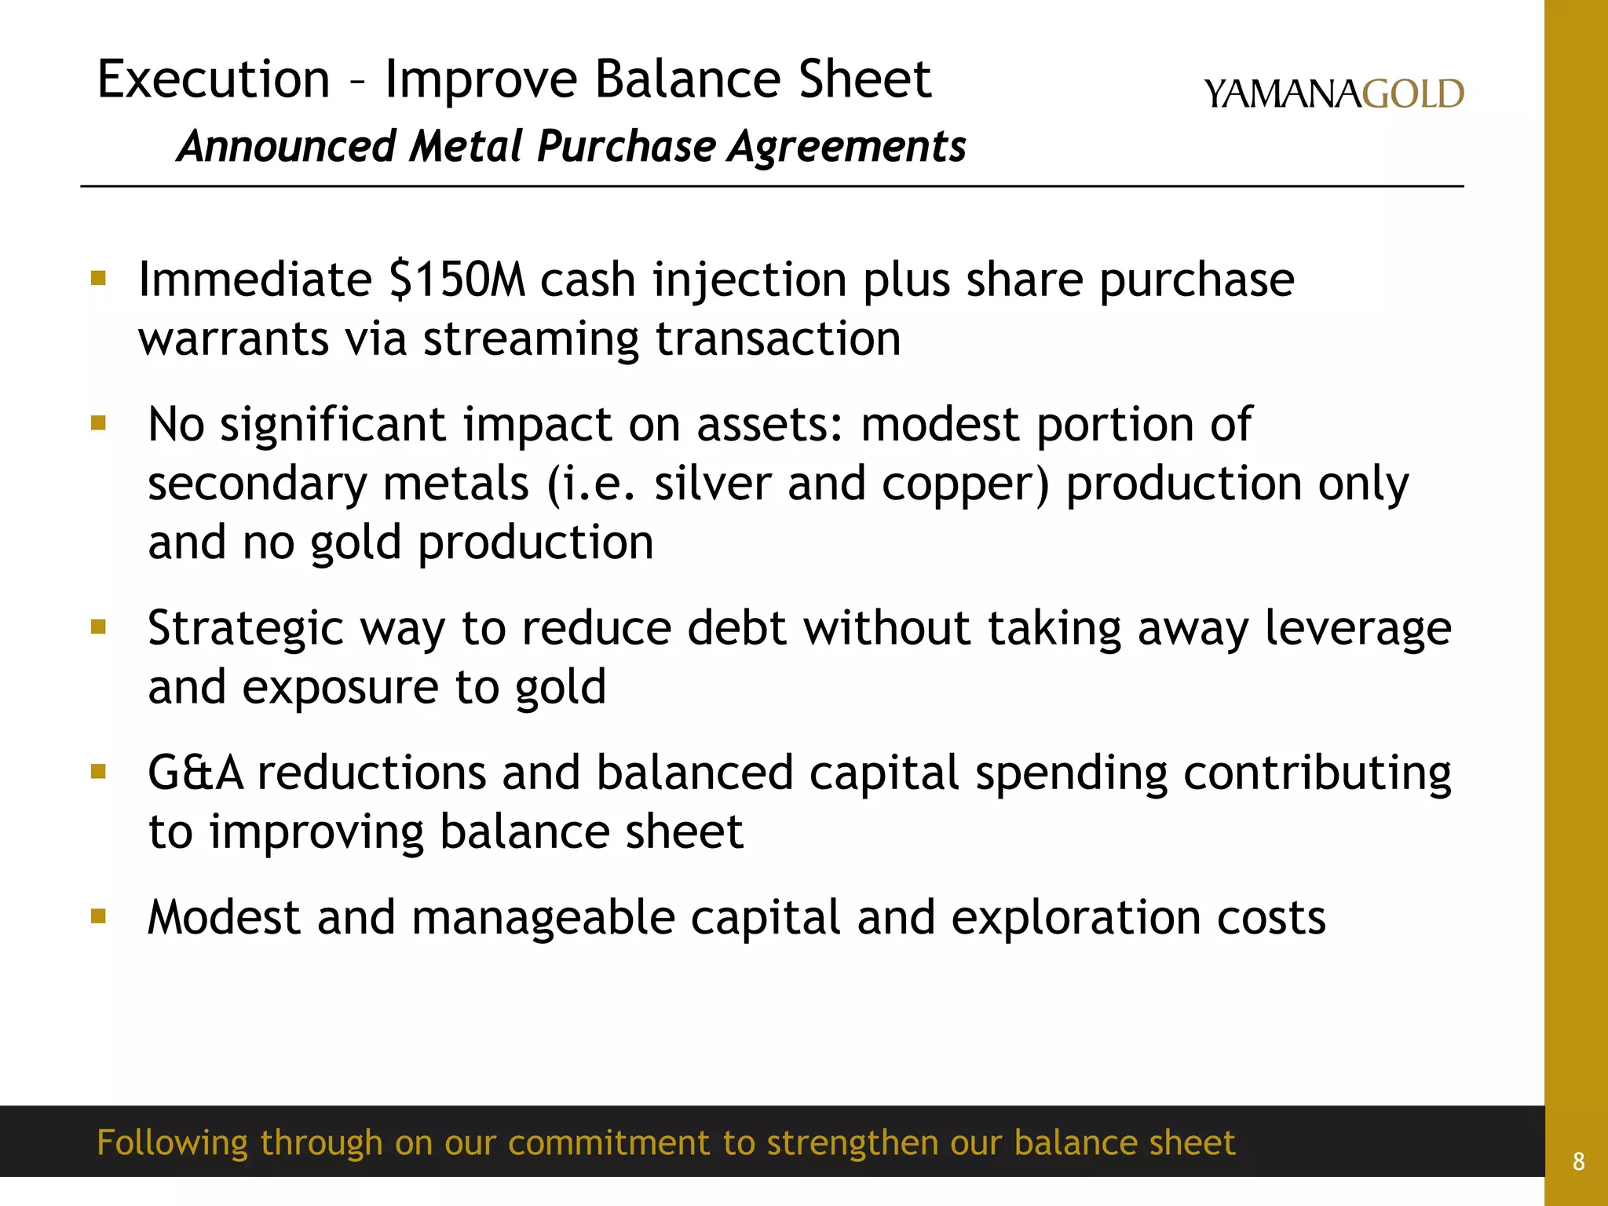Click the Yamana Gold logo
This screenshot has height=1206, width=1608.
pos(1333,94)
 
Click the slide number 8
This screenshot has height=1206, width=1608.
pos(1578,1161)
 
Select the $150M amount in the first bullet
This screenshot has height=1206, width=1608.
pos(457,280)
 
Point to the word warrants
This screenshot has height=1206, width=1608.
pos(233,340)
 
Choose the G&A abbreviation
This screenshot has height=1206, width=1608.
pos(196,773)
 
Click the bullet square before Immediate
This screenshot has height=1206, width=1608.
pos(98,278)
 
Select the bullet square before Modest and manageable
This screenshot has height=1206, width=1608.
pos(98,915)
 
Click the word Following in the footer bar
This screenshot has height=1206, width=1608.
pos(173,1143)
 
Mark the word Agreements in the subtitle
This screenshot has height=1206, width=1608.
pos(847,147)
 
